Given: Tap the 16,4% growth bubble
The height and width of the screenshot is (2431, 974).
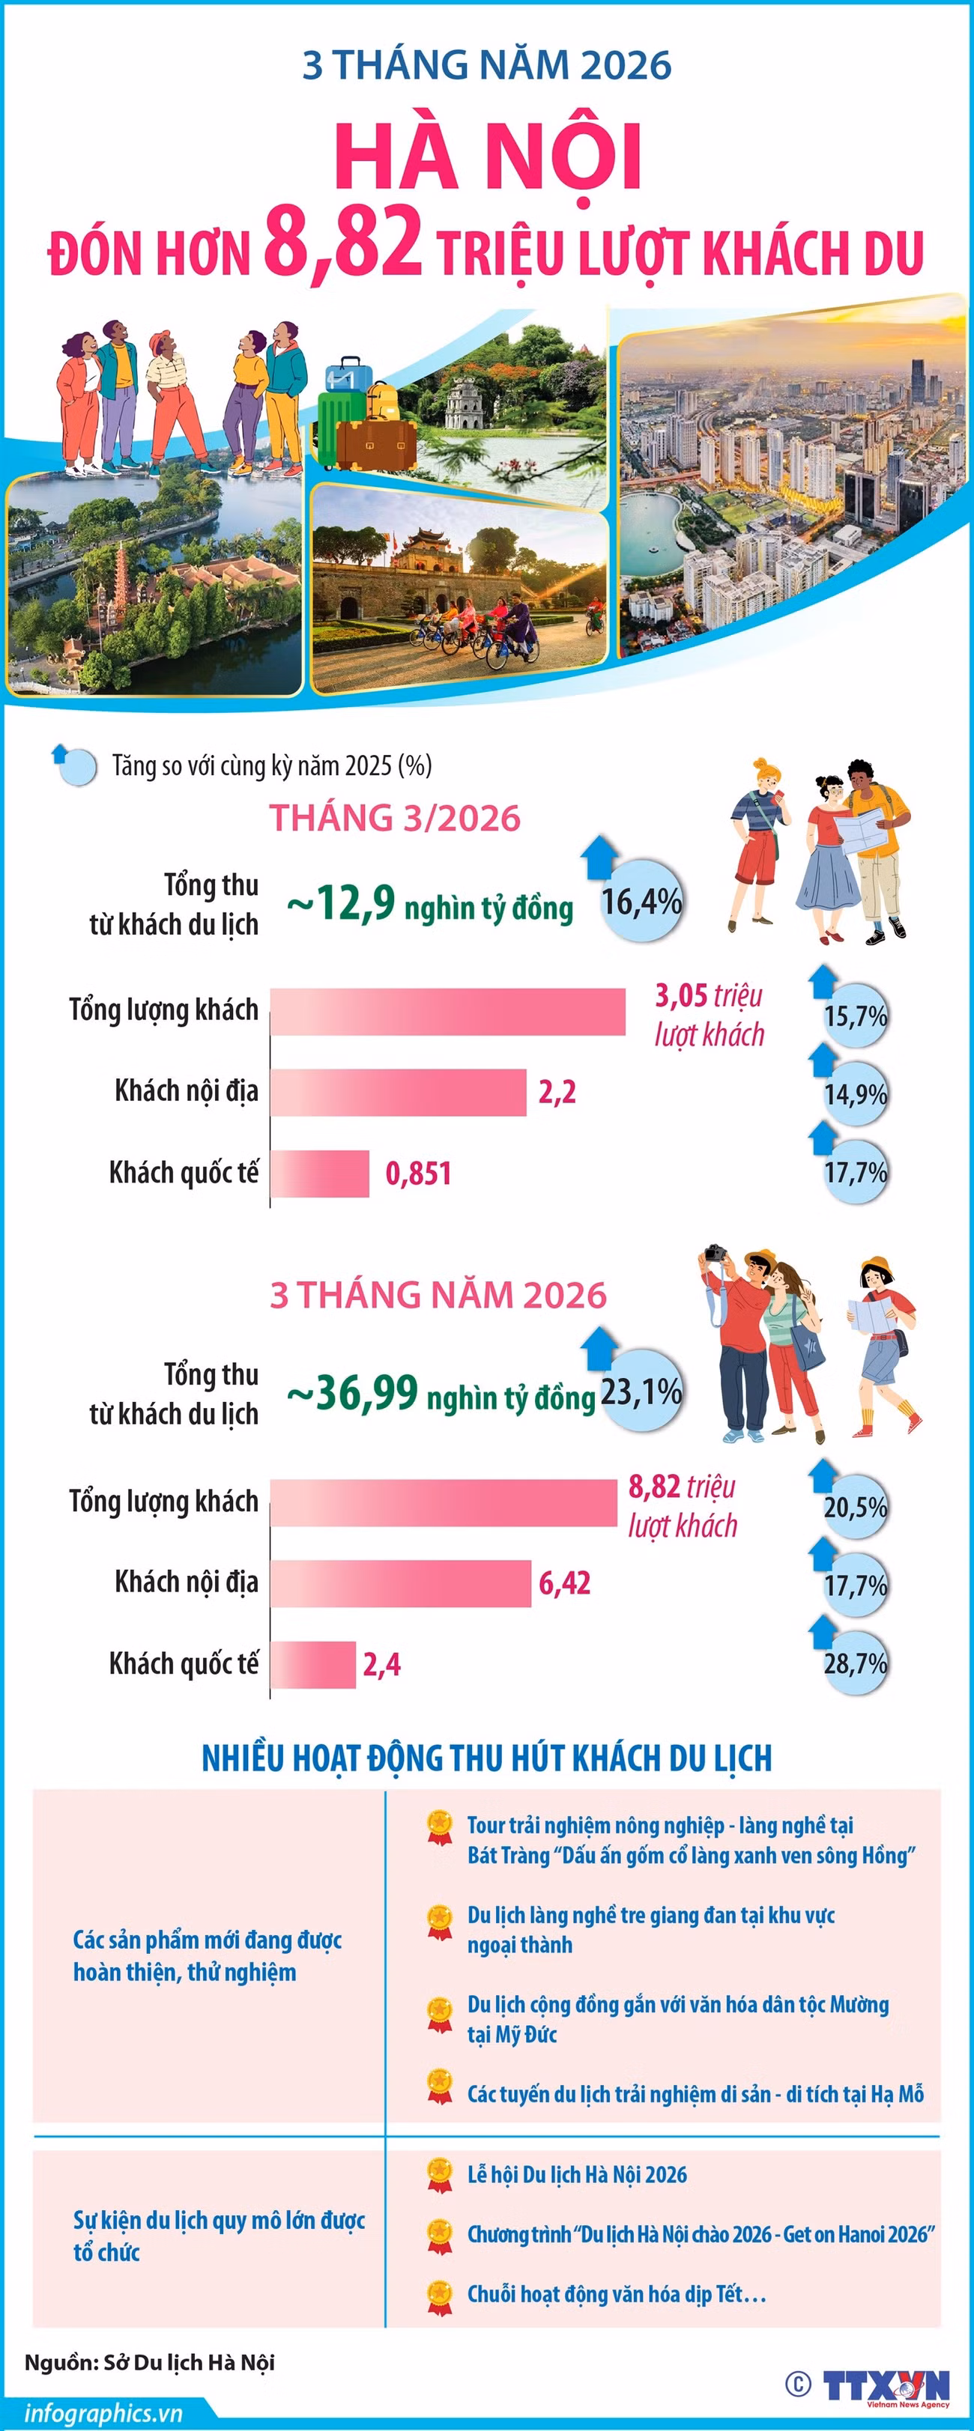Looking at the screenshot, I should click(642, 901).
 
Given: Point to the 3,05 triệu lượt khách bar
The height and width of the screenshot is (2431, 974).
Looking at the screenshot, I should click(447, 1012).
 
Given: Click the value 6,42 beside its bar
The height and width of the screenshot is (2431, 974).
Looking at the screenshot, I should click(564, 1582).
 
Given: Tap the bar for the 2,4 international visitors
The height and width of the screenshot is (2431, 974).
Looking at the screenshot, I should click(312, 1664).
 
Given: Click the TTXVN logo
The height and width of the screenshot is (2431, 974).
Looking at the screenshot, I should click(886, 2386).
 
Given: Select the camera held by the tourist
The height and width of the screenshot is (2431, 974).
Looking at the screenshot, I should click(715, 1254).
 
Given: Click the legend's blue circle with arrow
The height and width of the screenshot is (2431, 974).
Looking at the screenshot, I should click(76, 765).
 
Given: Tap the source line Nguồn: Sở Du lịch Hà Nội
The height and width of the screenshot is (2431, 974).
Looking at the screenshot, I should click(149, 2361).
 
